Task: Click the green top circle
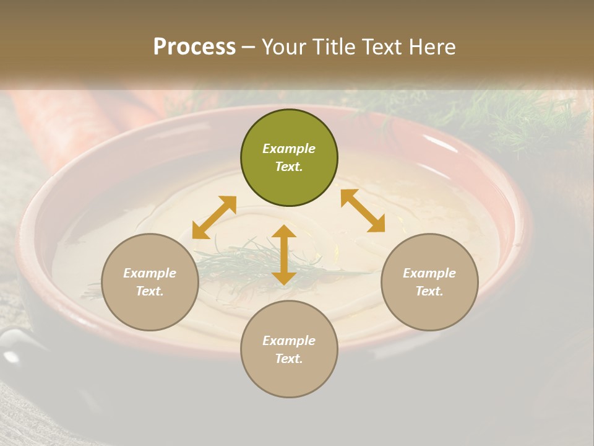pos(289,157)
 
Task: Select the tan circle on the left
pos(150,282)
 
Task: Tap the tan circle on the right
pos(429,282)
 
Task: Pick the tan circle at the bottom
pos(289,349)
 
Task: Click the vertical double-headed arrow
pos(284,255)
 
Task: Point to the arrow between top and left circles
pos(214,217)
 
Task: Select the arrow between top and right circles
pos(363,211)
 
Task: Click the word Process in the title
pos(194,47)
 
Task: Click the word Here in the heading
pos(433,47)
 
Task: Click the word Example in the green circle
pos(289,149)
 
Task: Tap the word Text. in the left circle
pos(150,291)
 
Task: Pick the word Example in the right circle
pos(429,273)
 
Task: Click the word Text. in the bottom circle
pos(289,359)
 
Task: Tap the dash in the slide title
pos(249,47)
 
